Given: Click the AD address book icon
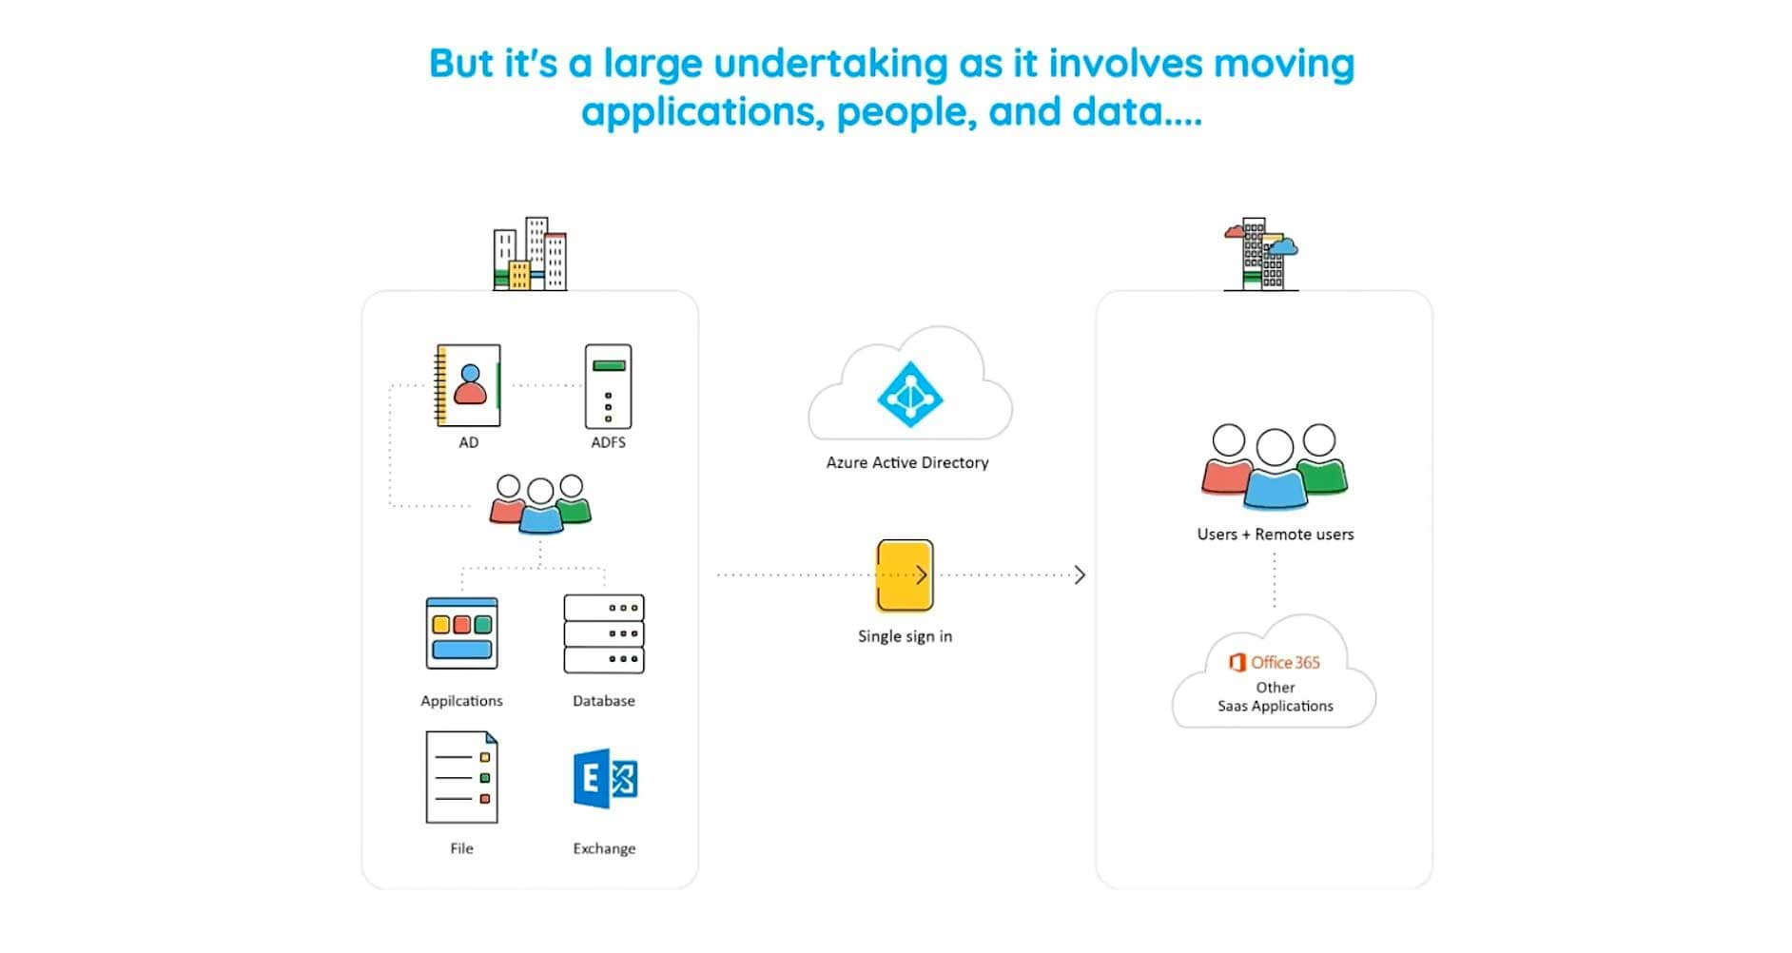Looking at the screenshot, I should pos(468,385).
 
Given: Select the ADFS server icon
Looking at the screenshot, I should pos(608,386).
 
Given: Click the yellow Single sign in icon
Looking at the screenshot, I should pos(904,575).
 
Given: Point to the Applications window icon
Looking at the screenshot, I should pos(461,633).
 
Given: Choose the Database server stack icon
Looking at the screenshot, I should pos(604,633).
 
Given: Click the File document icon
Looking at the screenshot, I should pos(461,777).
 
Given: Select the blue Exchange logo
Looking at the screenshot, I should pos(605,778).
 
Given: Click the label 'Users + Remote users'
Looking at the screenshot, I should pos(1275,535).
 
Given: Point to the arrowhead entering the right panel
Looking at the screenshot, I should pos(1080,574).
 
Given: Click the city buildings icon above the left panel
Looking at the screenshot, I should pos(530,254).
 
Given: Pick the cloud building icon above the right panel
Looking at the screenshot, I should pos(1261,254).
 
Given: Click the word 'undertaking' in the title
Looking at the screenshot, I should pos(830,64).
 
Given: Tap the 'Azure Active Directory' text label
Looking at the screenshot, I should pos(907,463).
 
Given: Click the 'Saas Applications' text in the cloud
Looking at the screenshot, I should pos(1275,707).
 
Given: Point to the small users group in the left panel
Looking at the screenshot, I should pos(540,503).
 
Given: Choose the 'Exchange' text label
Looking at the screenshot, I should pos(604,848).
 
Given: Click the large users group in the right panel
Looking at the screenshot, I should pos(1275,465).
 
